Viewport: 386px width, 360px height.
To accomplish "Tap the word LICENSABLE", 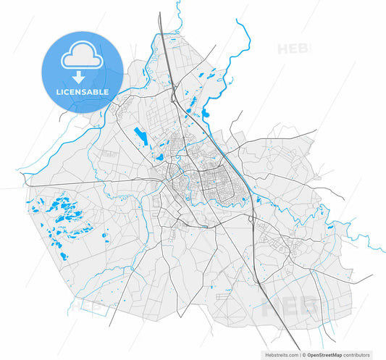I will pyautogui.click(x=83, y=92).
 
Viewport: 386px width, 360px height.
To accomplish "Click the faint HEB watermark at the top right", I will pyautogui.click(x=293, y=49).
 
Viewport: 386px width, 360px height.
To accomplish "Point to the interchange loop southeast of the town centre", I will pyautogui.click(x=253, y=218).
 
